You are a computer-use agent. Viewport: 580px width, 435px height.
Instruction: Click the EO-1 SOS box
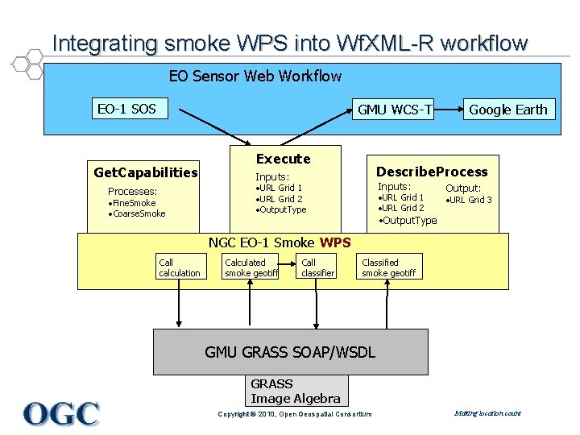tap(126, 109)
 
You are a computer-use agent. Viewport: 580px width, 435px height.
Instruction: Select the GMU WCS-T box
tap(395, 110)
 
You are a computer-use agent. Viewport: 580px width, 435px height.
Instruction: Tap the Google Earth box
tap(507, 110)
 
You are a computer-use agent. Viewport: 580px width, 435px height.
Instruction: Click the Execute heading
tap(283, 159)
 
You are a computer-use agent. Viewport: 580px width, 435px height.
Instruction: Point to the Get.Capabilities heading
tap(146, 172)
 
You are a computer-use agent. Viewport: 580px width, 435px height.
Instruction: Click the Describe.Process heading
tap(432, 172)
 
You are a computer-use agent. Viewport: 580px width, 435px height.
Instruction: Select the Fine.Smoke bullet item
tap(133, 203)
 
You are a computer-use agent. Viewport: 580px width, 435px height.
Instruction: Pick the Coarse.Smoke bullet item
tap(138, 213)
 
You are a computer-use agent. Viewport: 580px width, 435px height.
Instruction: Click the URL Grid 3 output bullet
tap(470, 200)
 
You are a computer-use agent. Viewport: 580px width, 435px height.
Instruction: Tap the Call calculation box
tap(179, 267)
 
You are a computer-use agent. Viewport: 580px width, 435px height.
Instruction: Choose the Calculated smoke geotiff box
tap(251, 267)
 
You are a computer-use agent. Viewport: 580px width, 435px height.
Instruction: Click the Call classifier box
tap(317, 267)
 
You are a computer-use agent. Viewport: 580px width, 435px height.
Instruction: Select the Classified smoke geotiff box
tap(388, 267)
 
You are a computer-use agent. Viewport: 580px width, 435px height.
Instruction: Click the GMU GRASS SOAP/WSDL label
tap(290, 352)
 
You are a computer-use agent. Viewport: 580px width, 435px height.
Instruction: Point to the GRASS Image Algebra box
tap(296, 391)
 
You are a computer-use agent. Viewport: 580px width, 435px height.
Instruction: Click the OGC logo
tap(61, 413)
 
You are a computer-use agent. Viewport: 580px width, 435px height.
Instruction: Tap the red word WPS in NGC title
tap(335, 242)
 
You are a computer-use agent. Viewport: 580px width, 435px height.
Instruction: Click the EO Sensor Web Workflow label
tap(255, 77)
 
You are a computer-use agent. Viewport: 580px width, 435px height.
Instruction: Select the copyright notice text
tap(295, 414)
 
